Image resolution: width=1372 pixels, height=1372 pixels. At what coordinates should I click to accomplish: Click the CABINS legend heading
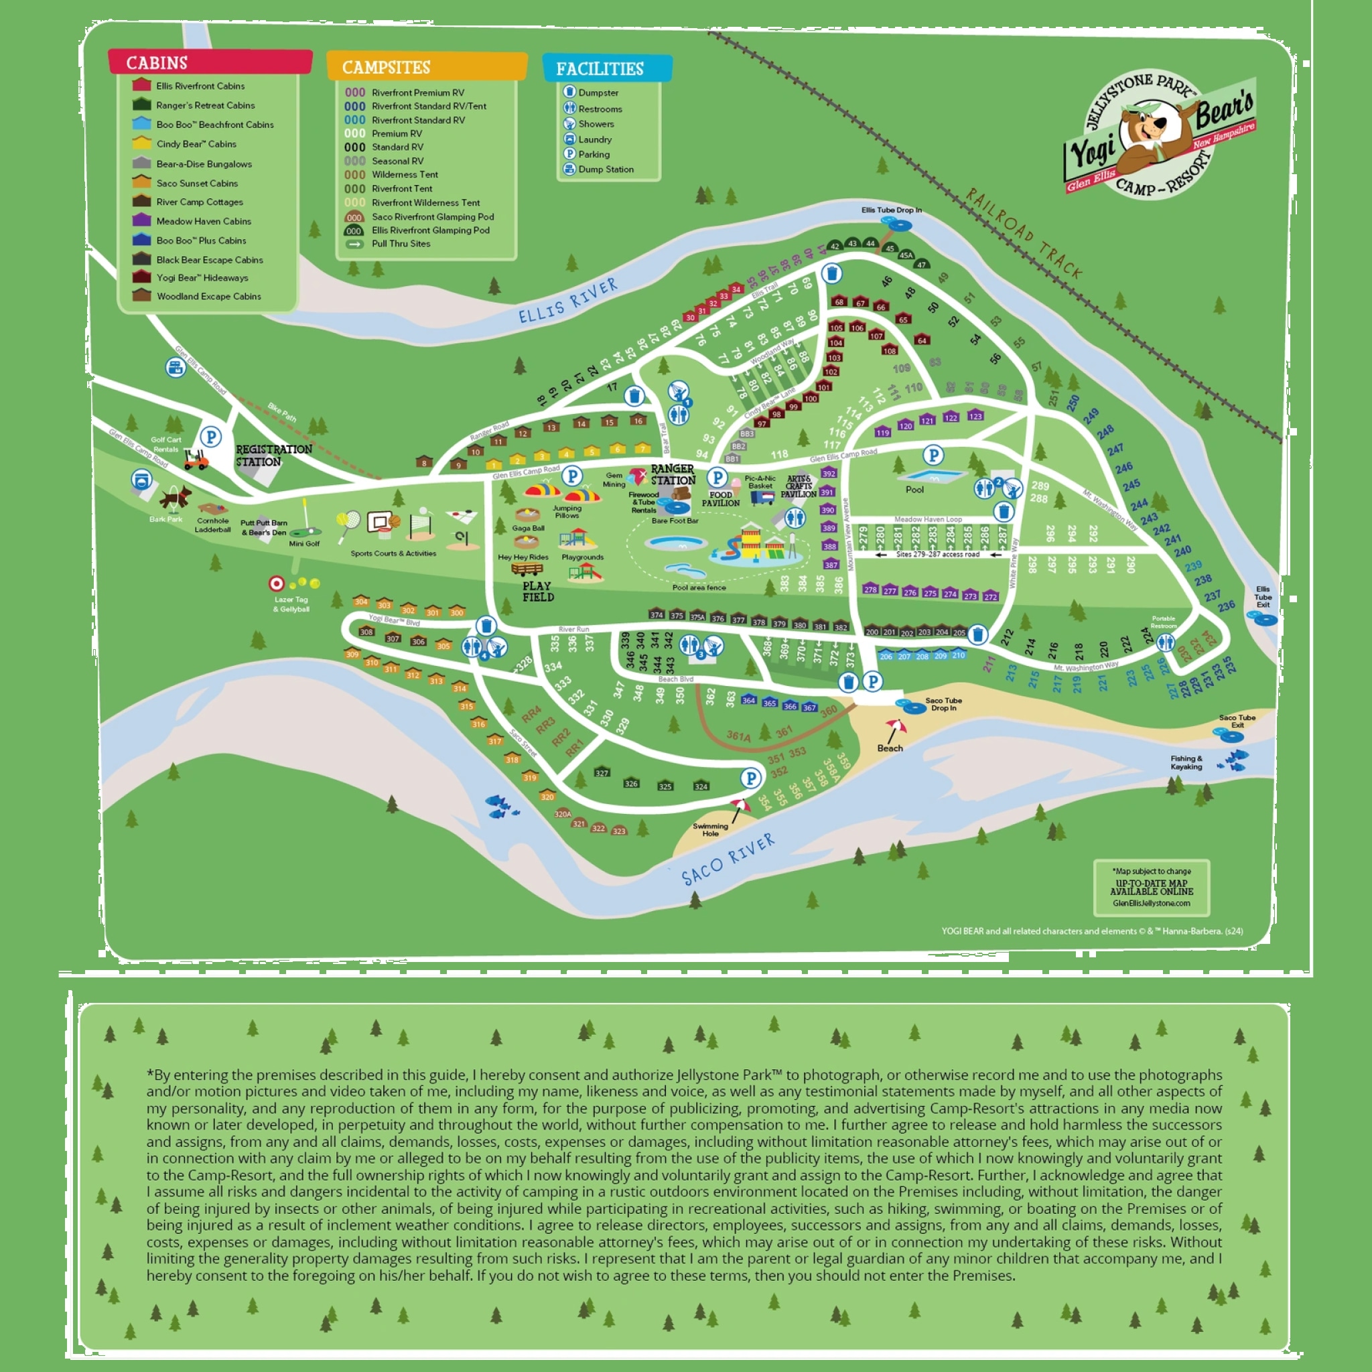(x=157, y=63)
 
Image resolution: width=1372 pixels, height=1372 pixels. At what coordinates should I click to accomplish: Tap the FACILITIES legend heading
(x=600, y=69)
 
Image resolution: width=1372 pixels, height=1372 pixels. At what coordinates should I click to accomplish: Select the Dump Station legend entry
(x=605, y=169)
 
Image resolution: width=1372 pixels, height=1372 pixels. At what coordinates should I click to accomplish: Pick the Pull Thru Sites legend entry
(x=401, y=244)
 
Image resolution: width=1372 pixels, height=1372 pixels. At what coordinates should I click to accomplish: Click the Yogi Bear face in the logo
(x=1144, y=128)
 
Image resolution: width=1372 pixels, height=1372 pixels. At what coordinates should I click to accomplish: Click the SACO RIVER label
(x=728, y=860)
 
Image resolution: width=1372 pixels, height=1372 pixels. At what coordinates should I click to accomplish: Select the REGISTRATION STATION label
(x=273, y=455)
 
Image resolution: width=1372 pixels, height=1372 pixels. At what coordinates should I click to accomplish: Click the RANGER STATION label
(x=673, y=474)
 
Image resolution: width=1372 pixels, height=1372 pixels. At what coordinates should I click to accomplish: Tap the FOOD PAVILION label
(x=720, y=498)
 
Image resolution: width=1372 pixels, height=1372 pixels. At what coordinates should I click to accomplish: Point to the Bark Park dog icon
(x=175, y=496)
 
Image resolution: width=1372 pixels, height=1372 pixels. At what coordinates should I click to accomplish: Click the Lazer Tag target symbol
(x=276, y=584)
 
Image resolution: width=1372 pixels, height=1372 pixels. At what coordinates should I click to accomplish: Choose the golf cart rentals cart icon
(x=196, y=460)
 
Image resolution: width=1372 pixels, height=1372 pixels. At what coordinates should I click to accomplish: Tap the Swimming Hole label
(x=710, y=829)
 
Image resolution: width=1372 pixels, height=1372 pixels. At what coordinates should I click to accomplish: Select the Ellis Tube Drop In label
(x=891, y=210)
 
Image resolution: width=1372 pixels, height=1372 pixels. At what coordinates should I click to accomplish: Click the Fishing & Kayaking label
(x=1186, y=762)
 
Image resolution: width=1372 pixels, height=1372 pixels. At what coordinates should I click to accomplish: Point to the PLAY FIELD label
(x=537, y=592)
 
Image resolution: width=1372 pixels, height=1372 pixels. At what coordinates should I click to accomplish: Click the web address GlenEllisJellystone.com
(x=1151, y=903)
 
